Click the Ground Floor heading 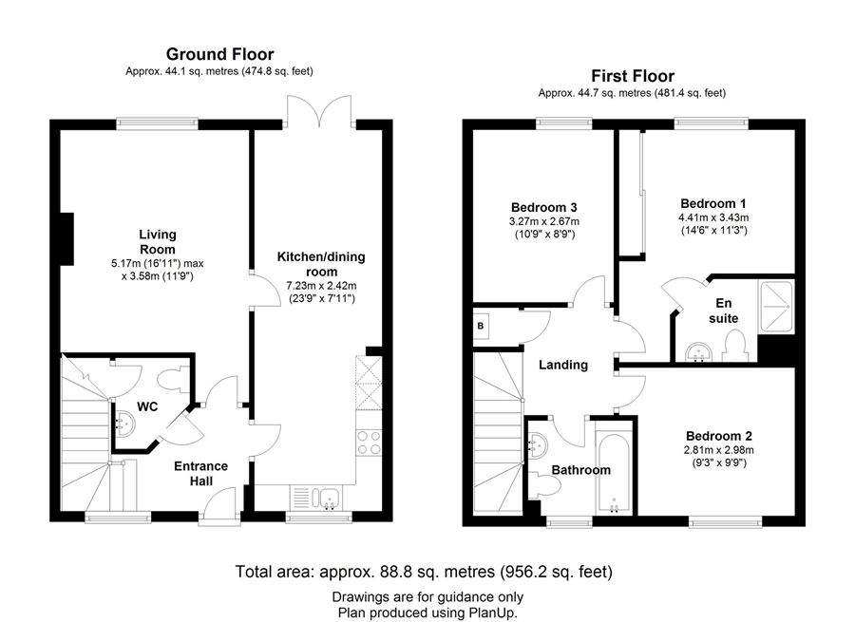219,54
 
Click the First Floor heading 633,76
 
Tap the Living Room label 158,242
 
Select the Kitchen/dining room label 321,264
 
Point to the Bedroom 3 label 543,207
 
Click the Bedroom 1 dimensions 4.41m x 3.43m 713,217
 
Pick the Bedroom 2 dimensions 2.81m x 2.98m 719,450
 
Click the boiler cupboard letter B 481,326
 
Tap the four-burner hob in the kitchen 369,443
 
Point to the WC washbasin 124,424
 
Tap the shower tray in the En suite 775,307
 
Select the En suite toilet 734,348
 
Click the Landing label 563,365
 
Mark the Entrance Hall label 200,473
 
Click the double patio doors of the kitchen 319,112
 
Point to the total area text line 424,572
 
